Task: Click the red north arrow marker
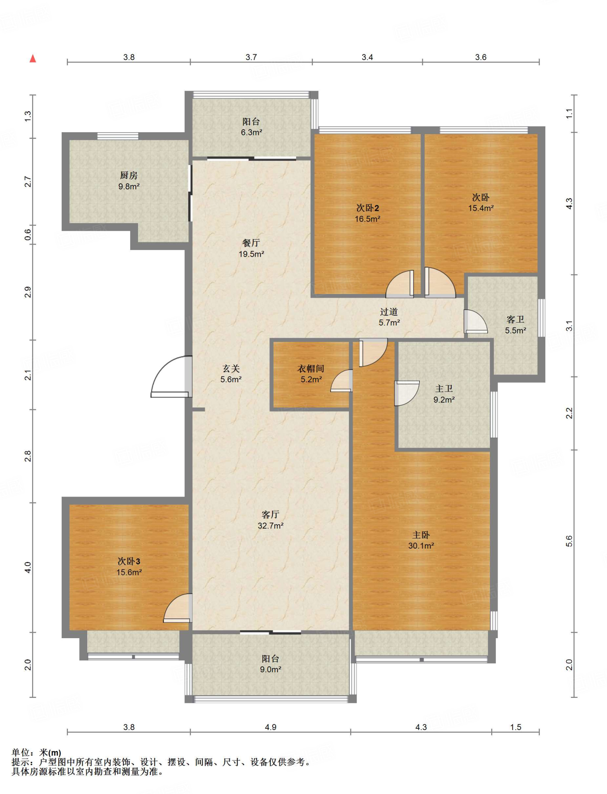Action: tap(33, 59)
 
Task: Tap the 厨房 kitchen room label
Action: tap(129, 176)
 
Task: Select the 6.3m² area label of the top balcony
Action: tap(252, 132)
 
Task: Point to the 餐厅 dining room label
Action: tap(251, 243)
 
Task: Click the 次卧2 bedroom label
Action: tap(367, 208)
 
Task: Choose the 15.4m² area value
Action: tap(481, 208)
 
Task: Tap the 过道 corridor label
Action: tap(389, 312)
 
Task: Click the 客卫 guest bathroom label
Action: tap(516, 319)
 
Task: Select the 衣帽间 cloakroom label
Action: tap(311, 369)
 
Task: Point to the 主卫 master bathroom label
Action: tap(444, 388)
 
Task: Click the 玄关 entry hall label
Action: tap(231, 369)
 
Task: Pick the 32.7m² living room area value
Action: tap(271, 526)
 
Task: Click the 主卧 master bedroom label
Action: tap(421, 535)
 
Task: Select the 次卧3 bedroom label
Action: tap(129, 561)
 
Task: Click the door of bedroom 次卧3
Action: tap(178, 608)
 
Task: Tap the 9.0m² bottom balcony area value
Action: tap(271, 669)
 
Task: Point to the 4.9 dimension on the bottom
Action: tap(271, 727)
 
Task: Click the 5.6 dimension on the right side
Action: tap(569, 541)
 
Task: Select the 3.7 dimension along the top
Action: tap(251, 57)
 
